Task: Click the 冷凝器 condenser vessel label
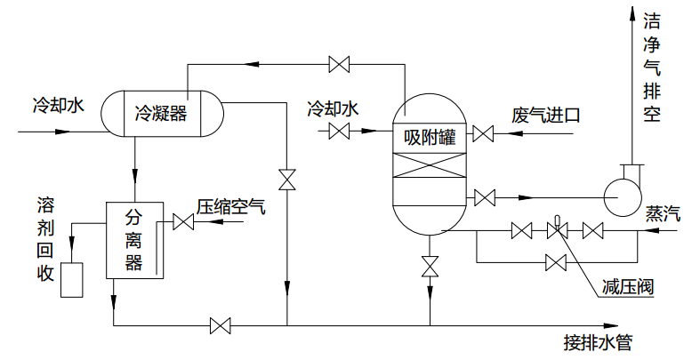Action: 161,113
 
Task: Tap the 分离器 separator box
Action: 134,239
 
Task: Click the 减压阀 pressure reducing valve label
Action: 627,286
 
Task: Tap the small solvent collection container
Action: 70,279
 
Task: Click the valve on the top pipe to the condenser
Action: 339,64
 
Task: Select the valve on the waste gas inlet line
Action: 483,135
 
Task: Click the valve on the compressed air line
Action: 184,223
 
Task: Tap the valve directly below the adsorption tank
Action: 430,267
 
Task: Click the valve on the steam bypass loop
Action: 557,262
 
